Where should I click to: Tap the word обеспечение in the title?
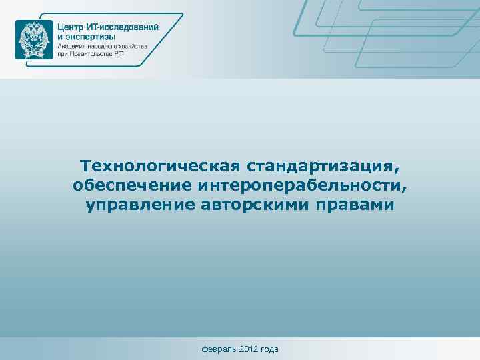(133, 185)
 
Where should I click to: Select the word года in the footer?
(269, 349)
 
